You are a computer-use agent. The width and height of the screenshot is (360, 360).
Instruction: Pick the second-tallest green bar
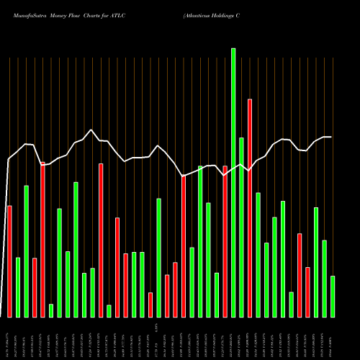(x=241, y=227)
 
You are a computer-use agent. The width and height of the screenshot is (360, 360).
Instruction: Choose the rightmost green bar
(x=333, y=296)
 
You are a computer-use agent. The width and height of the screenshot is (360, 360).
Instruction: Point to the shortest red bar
(x=150, y=305)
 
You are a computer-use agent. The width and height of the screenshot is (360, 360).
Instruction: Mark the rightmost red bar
(x=307, y=292)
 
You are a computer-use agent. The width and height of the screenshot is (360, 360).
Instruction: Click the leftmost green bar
(x=18, y=287)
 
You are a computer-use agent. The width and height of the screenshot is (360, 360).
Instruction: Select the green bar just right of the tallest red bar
(x=258, y=255)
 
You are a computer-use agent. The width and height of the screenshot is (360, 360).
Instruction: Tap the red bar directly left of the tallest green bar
(x=225, y=241)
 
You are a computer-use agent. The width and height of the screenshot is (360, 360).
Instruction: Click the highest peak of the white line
(x=91, y=130)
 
